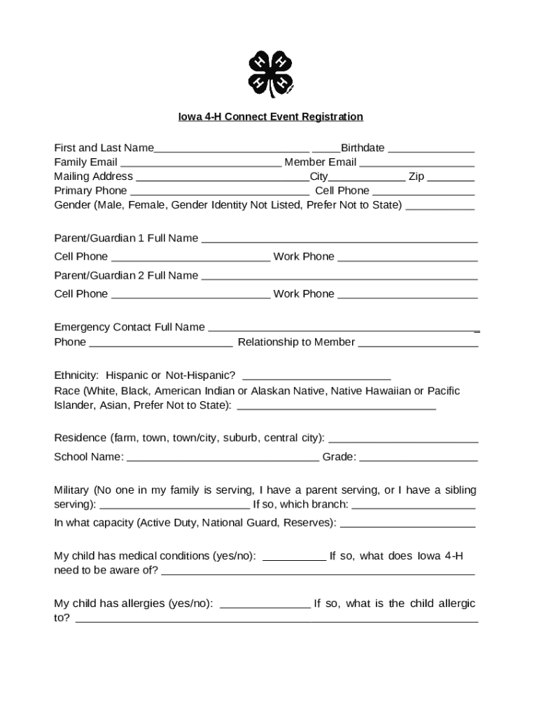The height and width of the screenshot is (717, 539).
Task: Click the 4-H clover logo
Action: [270, 74]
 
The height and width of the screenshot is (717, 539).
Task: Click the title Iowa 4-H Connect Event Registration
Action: [270, 117]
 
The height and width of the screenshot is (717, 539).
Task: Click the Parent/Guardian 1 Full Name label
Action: [126, 238]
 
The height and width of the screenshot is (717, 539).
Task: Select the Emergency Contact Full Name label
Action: [129, 327]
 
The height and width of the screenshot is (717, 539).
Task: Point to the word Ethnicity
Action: [76, 375]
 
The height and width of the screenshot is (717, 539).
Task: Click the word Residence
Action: [80, 438]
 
